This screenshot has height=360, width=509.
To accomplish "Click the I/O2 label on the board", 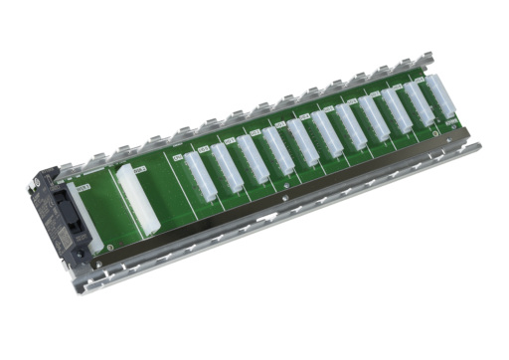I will click(x=254, y=132).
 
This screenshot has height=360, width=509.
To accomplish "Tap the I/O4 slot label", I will click(x=304, y=116).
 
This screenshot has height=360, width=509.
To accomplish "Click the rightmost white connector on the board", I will click(x=439, y=95).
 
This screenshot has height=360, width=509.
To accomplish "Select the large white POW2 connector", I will click(x=138, y=199).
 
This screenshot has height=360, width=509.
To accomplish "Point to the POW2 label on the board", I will click(x=140, y=170).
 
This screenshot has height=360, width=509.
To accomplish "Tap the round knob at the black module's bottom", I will click(x=80, y=255).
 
